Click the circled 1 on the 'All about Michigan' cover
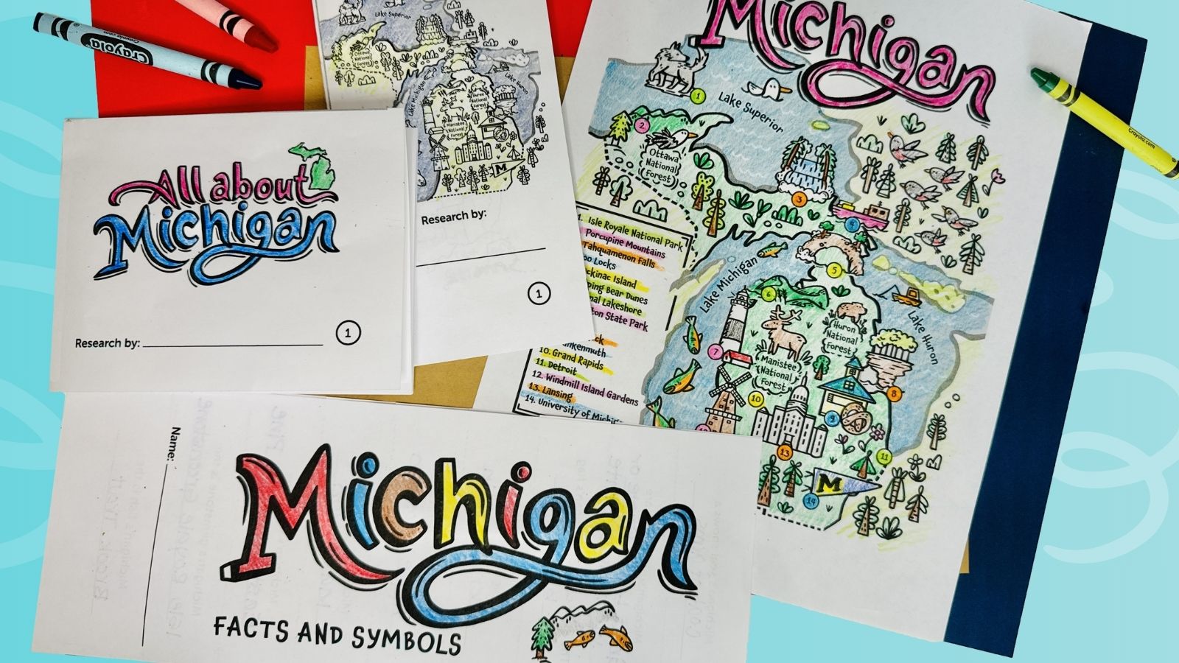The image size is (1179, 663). pos(348,333)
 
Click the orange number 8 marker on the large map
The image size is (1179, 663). pos(894,393)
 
